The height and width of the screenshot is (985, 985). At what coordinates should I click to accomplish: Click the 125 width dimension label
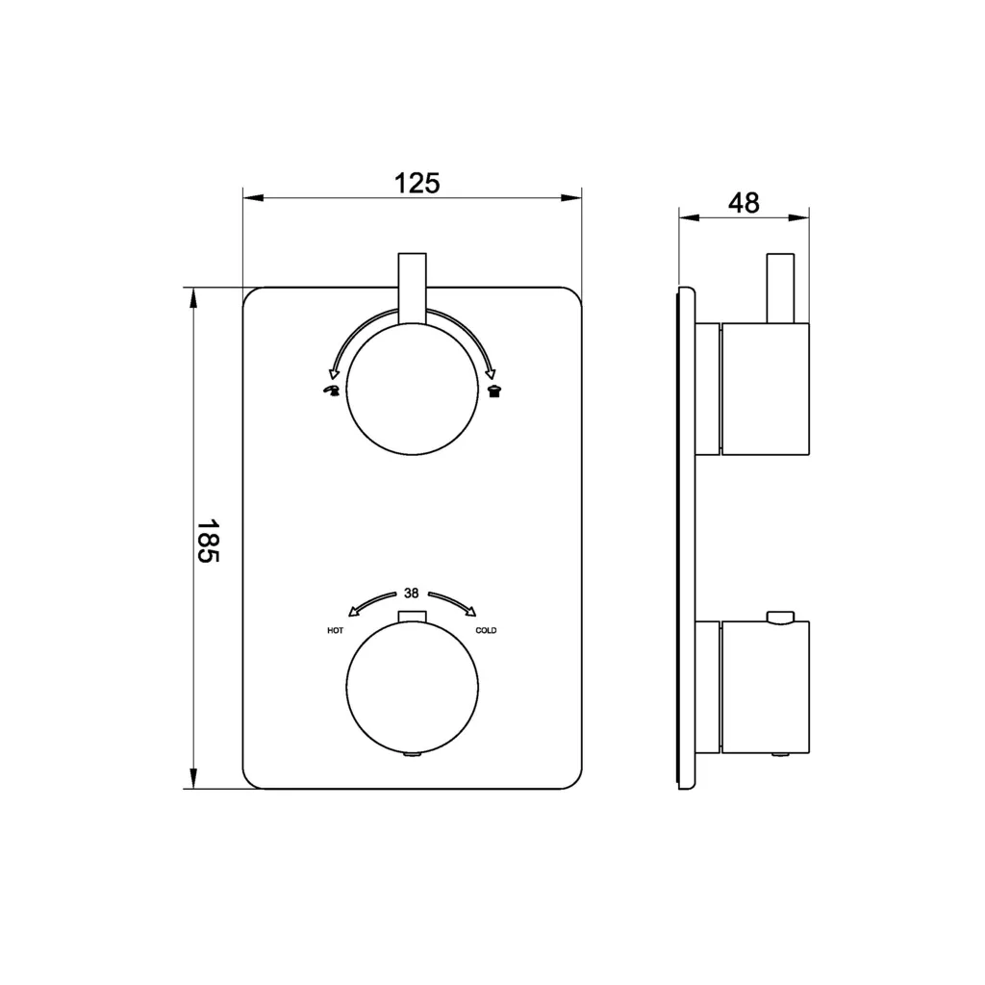pos(417,184)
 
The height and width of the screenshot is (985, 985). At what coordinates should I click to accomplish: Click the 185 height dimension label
pos(208,541)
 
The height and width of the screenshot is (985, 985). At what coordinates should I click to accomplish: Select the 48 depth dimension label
pos(744,203)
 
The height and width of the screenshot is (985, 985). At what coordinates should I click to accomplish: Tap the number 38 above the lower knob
pos(412,593)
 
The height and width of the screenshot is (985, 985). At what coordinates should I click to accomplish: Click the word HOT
pos(336,631)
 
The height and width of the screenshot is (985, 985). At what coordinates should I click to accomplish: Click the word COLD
pos(486,631)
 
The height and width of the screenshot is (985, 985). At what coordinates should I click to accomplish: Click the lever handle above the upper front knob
pos(412,289)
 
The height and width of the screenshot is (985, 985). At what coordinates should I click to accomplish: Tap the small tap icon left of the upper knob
pos(331,391)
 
